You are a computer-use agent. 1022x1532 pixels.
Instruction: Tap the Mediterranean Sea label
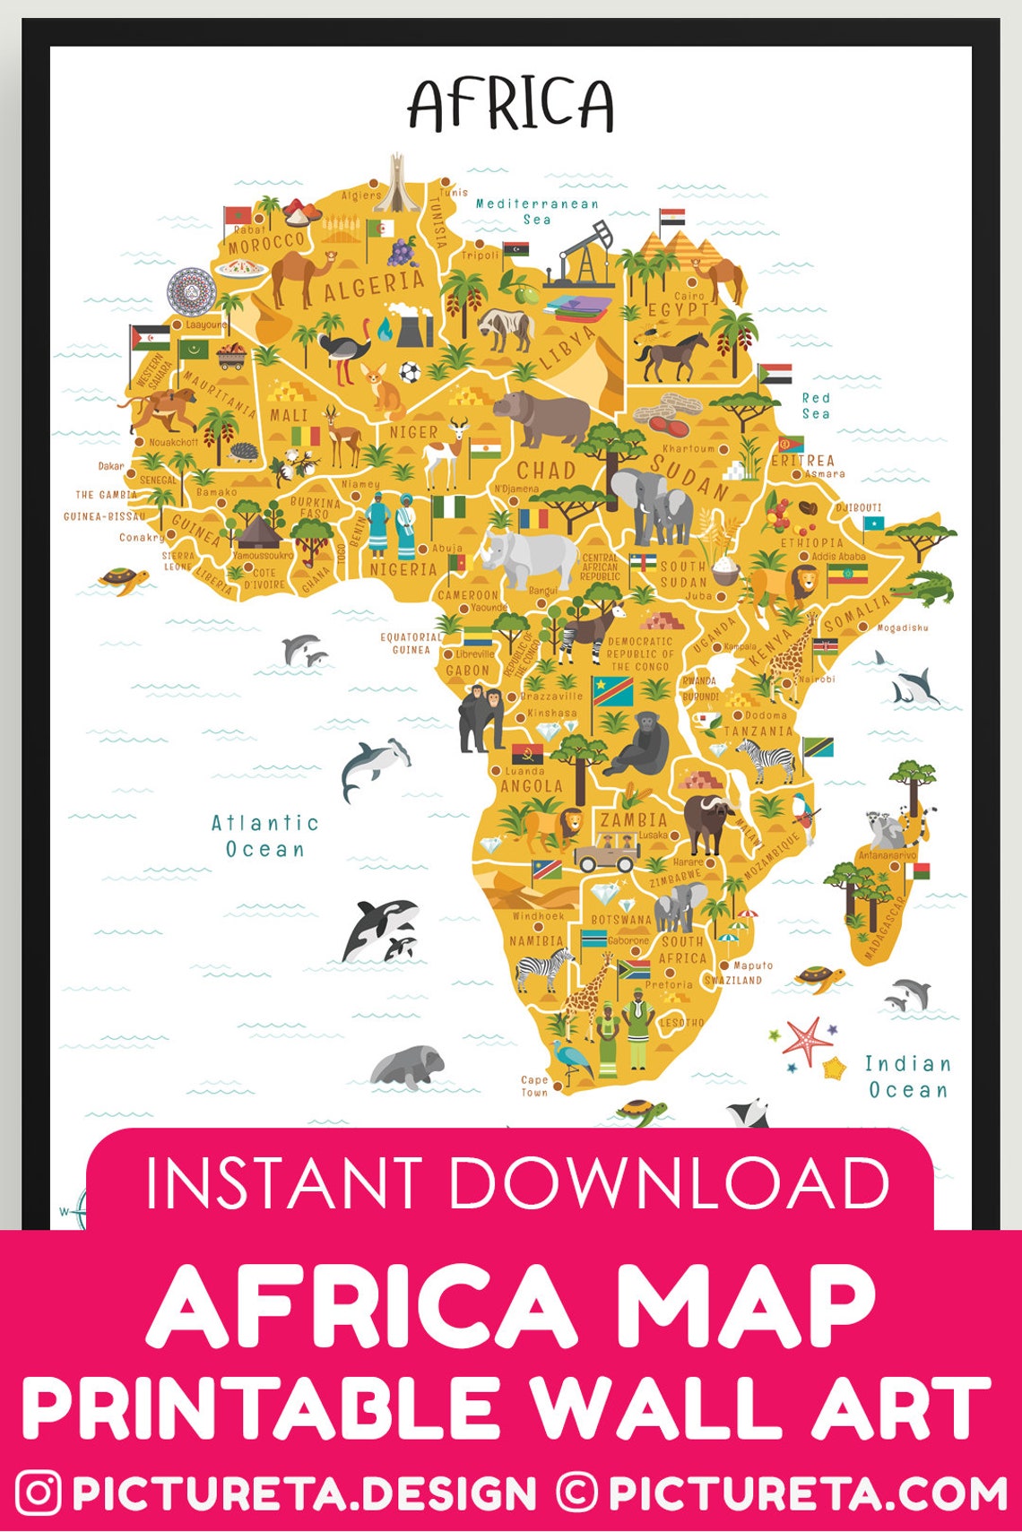(537, 212)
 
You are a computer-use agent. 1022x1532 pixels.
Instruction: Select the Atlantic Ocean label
(265, 835)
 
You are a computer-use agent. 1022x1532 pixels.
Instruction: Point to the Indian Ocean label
(907, 1077)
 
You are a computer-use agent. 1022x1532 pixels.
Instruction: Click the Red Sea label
(816, 405)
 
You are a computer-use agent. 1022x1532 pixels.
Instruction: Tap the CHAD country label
(546, 470)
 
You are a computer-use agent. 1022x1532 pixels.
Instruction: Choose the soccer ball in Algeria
(410, 371)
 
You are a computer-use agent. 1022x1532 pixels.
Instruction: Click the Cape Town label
(534, 1086)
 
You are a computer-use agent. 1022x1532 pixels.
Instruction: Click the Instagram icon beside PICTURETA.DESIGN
(39, 1493)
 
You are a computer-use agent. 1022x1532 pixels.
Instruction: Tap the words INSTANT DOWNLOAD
(517, 1182)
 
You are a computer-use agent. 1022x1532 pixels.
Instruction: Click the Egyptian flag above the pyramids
(672, 218)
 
